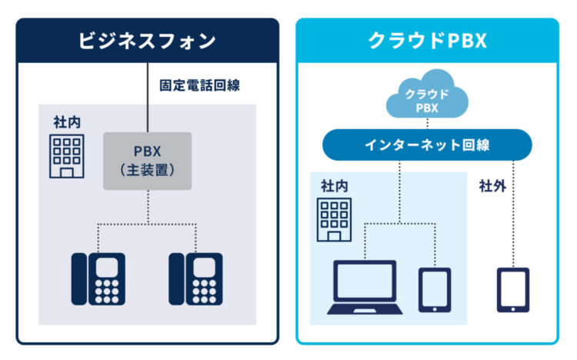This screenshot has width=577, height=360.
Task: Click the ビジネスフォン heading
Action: click(147, 41)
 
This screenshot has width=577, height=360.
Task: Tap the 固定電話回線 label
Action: click(199, 85)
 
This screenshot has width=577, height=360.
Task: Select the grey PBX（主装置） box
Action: click(147, 161)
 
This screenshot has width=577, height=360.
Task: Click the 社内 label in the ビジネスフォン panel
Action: click(65, 122)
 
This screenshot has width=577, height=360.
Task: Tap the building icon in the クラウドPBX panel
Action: click(335, 219)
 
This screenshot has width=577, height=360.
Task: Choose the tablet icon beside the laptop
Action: click(433, 289)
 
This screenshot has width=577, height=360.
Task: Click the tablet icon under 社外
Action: click(512, 289)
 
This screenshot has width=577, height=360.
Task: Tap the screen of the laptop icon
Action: click(365, 281)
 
